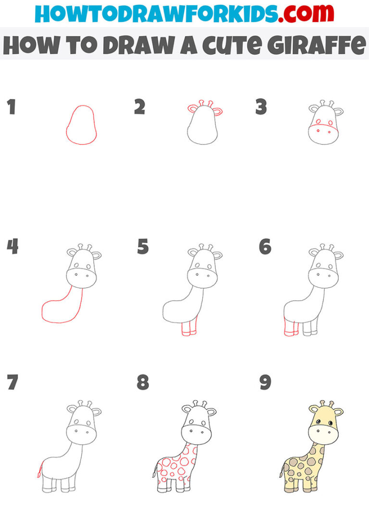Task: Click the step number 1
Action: (12, 107)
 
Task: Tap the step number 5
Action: (143, 247)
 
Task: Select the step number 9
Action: (265, 382)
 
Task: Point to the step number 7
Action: (12, 382)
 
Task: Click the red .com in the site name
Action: (306, 14)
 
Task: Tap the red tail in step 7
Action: (39, 470)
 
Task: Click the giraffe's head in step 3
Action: (323, 122)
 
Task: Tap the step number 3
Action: (261, 107)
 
